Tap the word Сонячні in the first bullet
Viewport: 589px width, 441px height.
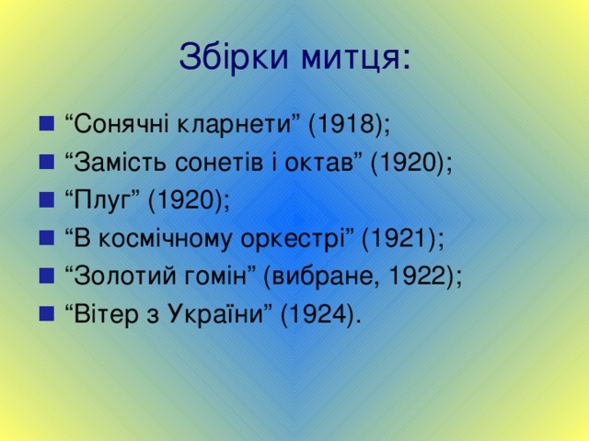coord(116,124)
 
